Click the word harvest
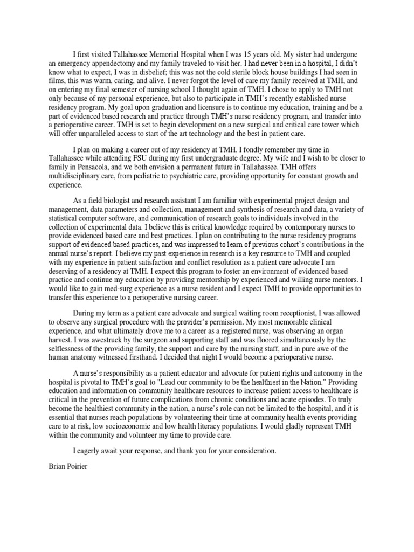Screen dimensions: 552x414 coord(60,340)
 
